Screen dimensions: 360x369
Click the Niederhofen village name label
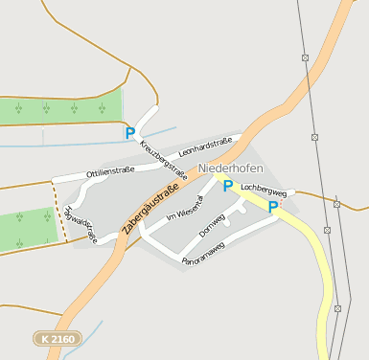230,168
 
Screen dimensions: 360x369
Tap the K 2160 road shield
58,338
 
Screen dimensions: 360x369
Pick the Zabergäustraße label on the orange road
153,208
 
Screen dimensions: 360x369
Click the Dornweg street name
211,226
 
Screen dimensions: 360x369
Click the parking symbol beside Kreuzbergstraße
130,133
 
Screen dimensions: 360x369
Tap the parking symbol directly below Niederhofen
228,186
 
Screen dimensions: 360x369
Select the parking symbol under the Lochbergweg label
273,206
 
